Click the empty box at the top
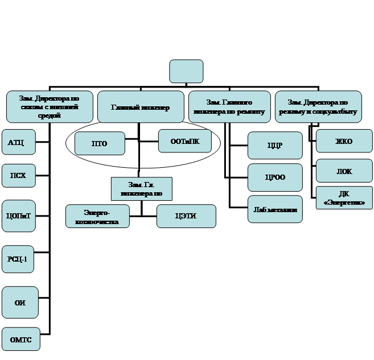click(186, 72)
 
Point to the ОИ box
click(19, 302)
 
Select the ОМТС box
click(20, 340)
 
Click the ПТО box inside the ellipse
click(100, 143)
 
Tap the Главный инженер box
click(140, 107)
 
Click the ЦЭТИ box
click(187, 216)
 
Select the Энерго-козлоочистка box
click(96, 217)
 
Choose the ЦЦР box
click(276, 146)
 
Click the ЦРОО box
click(276, 177)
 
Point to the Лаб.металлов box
click(276, 209)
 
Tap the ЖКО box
click(344, 140)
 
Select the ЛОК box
click(344, 171)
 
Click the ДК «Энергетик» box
click(344, 198)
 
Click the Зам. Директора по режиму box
click(318, 107)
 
